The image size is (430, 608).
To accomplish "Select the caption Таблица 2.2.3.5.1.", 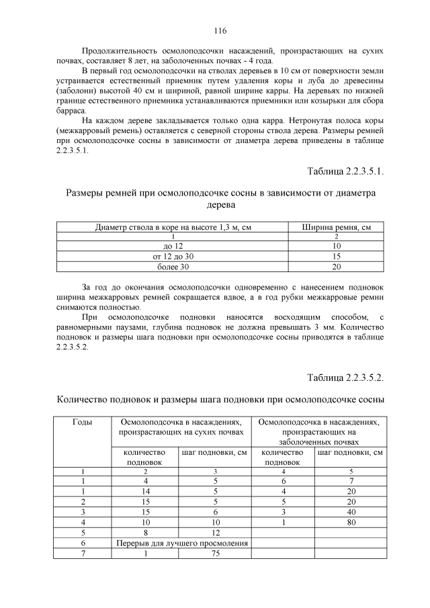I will pyautogui.click(x=345, y=171).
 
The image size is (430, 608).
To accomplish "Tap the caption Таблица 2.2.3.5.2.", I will pyautogui.click(x=345, y=377).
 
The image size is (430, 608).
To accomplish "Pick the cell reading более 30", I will pyautogui.click(x=173, y=267).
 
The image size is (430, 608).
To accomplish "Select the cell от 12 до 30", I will pyautogui.click(x=173, y=257).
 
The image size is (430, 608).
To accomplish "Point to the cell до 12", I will pyautogui.click(x=173, y=247).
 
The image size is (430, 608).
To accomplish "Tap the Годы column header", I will pyautogui.click(x=82, y=422).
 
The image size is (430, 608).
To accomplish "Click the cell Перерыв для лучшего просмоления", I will pyautogui.click(x=182, y=542).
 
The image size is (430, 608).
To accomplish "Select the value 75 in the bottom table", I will pyautogui.click(x=216, y=553).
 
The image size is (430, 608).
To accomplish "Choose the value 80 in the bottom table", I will pyautogui.click(x=351, y=521).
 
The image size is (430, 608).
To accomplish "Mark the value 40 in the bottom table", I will pyautogui.click(x=351, y=511).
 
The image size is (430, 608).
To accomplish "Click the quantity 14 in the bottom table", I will pyautogui.click(x=146, y=491).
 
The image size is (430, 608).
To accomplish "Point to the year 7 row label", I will pyautogui.click(x=82, y=553).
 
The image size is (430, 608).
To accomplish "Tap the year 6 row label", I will pyautogui.click(x=82, y=542).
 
